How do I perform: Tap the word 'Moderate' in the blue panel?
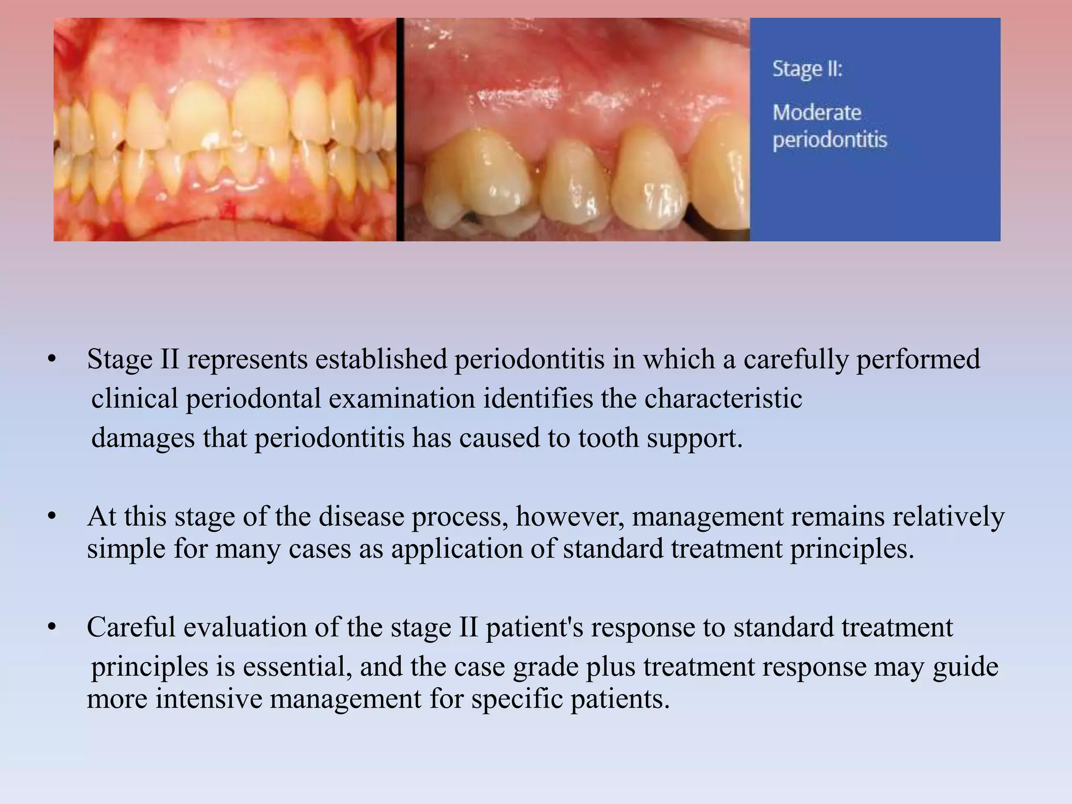[x=817, y=113]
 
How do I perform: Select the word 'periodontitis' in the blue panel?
[x=830, y=140]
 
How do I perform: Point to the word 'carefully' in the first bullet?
[x=799, y=360]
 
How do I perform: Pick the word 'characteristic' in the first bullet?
[x=723, y=399]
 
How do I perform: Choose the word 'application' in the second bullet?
[x=456, y=549]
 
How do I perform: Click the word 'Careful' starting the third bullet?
[x=131, y=628]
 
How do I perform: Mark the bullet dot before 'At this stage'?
[x=51, y=517]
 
